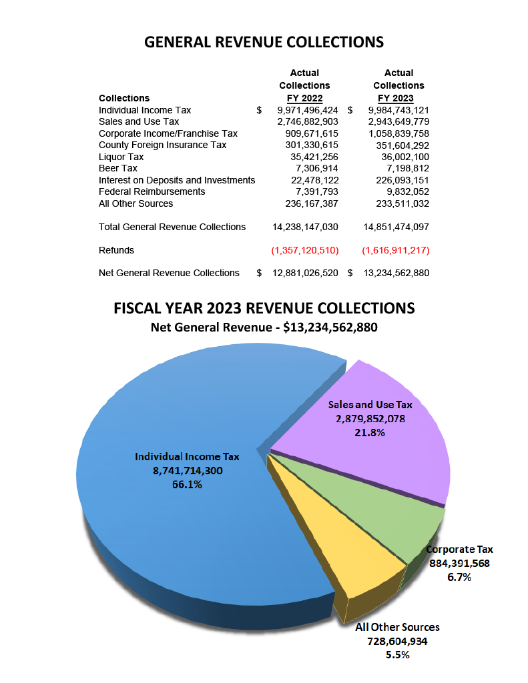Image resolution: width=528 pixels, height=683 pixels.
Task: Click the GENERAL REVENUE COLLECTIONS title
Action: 264,42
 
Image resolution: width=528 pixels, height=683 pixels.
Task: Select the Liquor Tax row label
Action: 121,157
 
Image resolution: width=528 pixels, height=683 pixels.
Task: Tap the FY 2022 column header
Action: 304,98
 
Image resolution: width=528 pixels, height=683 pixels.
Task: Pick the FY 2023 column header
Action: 399,98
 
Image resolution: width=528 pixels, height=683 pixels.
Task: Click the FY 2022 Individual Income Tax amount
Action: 308,110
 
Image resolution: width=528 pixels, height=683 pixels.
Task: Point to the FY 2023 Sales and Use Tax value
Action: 399,121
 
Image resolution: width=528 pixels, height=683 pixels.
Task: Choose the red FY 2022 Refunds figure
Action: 305,250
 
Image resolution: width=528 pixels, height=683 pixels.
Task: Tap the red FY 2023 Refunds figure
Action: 396,250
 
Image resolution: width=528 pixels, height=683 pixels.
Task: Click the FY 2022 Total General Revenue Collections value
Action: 305,227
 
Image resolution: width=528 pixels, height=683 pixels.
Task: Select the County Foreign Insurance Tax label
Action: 162,145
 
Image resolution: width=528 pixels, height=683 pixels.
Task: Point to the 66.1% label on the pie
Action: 187,485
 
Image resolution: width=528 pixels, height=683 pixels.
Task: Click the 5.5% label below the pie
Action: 397,655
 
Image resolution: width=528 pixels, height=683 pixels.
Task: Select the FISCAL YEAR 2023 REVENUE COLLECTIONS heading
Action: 264,308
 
